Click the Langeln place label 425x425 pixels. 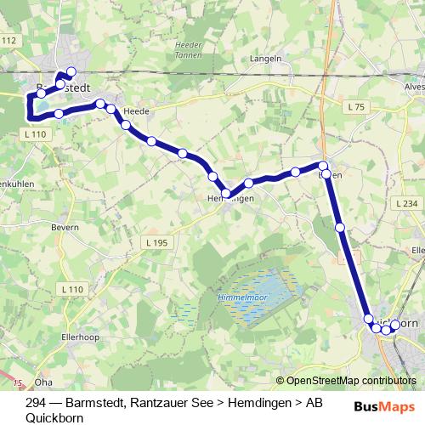tap(266, 59)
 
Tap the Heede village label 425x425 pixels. tap(136, 111)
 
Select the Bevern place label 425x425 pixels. tap(65, 227)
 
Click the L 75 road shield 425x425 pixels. tap(357, 106)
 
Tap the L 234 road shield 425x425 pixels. tap(407, 204)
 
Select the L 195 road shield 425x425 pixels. tap(156, 243)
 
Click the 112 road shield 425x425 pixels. tap(9, 41)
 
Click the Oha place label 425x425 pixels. tap(43, 382)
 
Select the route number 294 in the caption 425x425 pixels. tap(36, 403)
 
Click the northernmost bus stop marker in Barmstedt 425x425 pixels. tap(71, 72)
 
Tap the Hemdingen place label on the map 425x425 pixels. tap(230, 198)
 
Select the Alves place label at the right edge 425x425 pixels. tap(414, 86)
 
